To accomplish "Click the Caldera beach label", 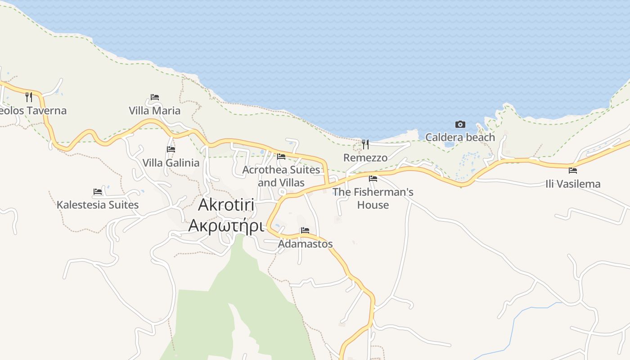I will (460, 137).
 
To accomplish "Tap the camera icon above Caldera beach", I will (460, 124).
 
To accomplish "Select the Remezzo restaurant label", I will (365, 157).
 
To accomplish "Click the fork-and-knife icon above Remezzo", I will (365, 144).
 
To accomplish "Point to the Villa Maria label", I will (154, 111).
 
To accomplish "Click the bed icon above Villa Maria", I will (155, 97).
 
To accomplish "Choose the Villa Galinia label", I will (171, 162).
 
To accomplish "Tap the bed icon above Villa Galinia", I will (171, 149).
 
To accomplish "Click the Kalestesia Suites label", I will (98, 205).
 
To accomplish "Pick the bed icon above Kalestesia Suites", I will (98, 192).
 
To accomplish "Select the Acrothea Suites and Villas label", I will (281, 176).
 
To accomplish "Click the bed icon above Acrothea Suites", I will (281, 157).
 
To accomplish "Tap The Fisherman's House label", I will (373, 198).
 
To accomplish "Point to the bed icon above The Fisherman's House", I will (373, 179).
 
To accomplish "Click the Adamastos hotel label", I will (305, 244).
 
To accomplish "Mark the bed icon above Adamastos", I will (305, 230).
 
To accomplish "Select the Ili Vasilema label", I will (573, 184).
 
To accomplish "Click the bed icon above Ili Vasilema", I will (573, 171).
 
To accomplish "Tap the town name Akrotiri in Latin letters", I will (226, 205).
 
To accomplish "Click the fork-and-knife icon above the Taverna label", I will (29, 97).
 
